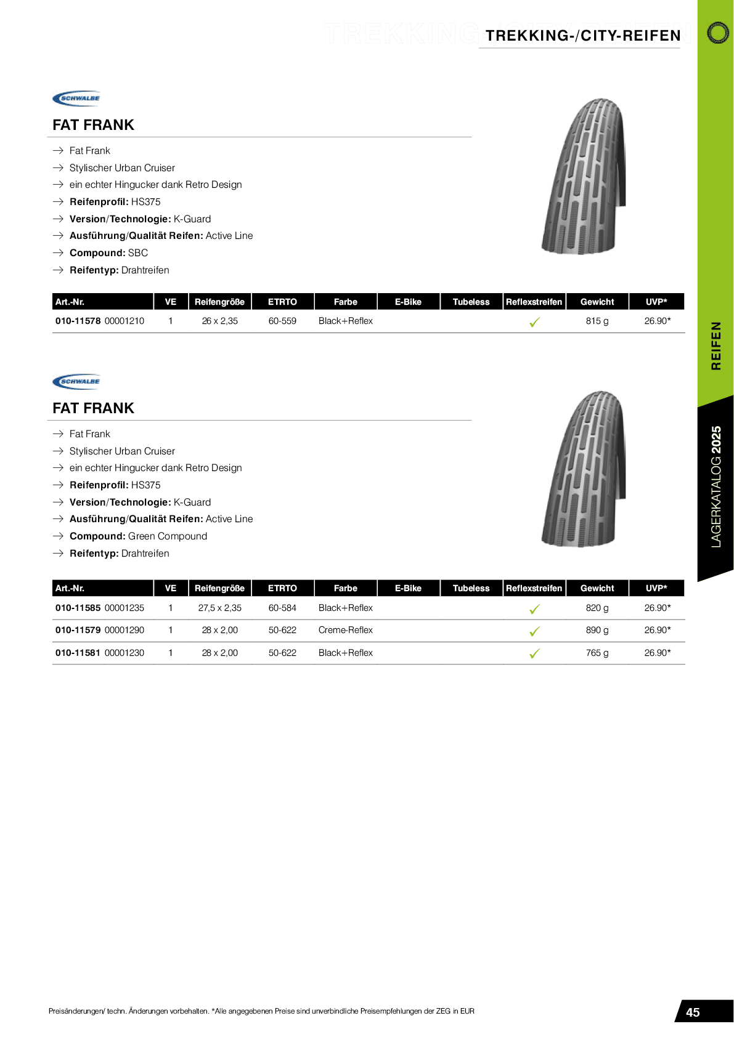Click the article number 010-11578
pos(78,321)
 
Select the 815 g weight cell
pos(597,321)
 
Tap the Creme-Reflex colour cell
pos(345,630)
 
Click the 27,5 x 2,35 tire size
pos(219,608)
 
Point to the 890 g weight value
pos(597,630)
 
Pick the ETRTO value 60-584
pos(282,608)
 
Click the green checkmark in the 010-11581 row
pos(534,653)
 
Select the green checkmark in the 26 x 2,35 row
pos(534,321)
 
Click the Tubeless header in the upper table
pos(471,302)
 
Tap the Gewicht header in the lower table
pos(597,588)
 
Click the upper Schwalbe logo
pos(76,99)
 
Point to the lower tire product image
pos(583,469)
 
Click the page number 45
pos(693,1012)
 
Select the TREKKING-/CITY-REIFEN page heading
pos(582,36)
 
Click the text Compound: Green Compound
pos(138,536)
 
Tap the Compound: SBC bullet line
pos(108,253)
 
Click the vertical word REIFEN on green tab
pos(716,345)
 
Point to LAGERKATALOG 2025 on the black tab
pos(716,486)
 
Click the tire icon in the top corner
pos(717,33)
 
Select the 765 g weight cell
pos(597,653)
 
